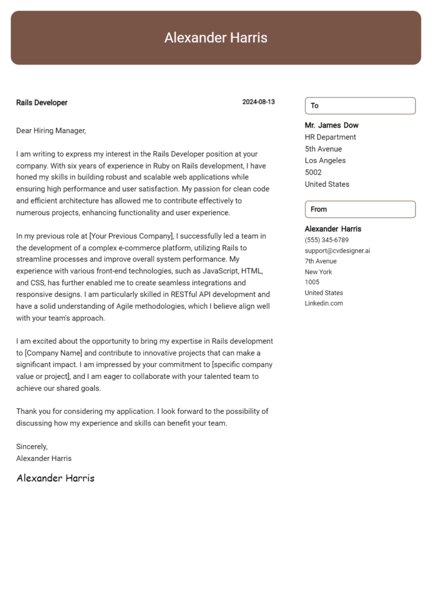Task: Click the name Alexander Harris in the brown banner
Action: coord(215,38)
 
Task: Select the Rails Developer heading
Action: coord(41,102)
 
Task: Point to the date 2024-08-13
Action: coord(258,102)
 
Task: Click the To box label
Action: coord(315,106)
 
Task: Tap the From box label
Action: coord(318,209)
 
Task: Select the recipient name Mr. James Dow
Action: coord(331,125)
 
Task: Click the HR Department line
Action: coord(330,137)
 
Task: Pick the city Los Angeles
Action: coord(325,160)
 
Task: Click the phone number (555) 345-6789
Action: coord(327,240)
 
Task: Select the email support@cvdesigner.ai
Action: coord(337,250)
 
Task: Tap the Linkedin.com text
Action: coord(324,304)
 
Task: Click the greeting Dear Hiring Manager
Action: coord(51,130)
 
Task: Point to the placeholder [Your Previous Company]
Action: coord(130,236)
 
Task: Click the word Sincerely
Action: coord(31,446)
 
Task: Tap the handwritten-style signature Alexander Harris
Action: coord(55,478)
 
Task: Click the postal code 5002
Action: coord(313,172)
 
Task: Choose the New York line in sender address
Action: coord(318,272)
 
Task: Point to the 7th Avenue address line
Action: coord(321,261)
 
